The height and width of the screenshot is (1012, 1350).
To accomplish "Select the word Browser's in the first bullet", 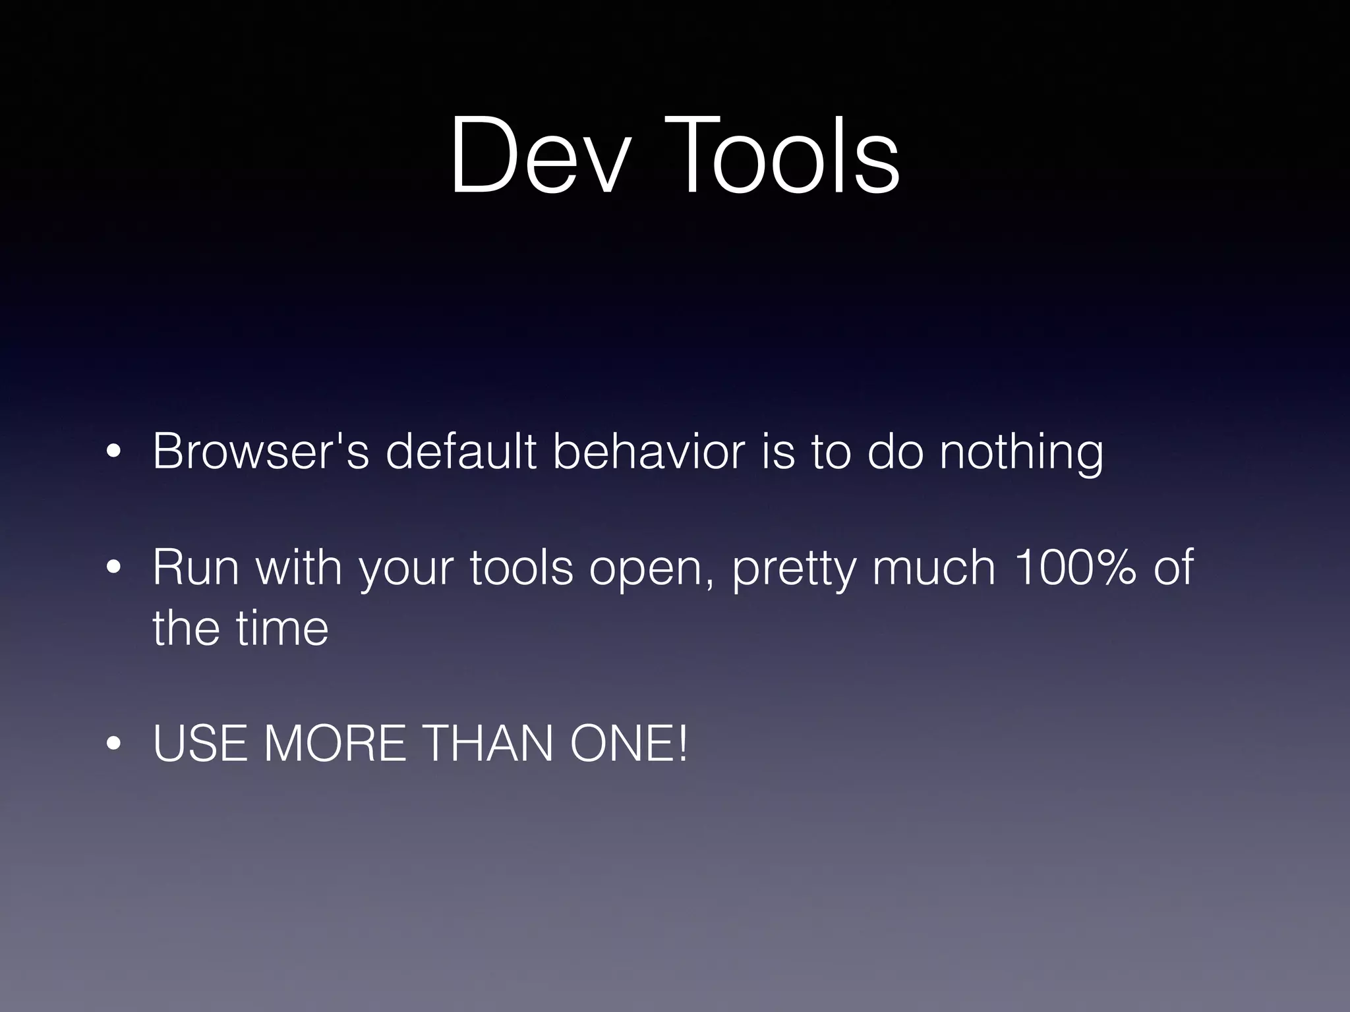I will [260, 451].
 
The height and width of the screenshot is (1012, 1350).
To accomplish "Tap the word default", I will [461, 451].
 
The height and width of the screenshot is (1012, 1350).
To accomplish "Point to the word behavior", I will [649, 451].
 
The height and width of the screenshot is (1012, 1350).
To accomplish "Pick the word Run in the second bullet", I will [196, 567].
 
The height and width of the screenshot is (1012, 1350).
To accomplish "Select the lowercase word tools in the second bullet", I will [521, 567].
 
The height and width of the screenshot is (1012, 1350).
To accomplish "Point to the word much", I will [933, 567].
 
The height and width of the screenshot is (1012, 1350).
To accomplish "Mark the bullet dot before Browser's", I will [114, 452].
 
